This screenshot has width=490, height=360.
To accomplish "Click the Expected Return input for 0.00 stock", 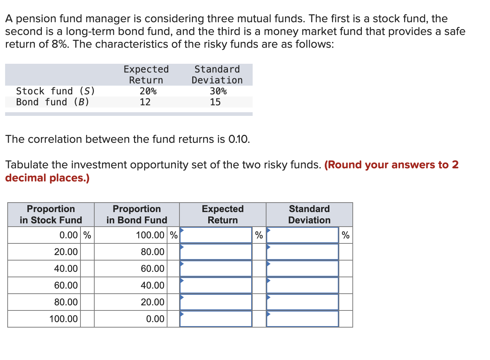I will (x=216, y=235).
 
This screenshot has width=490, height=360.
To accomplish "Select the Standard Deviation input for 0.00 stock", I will (x=303, y=235).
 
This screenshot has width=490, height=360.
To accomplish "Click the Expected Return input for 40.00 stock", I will (x=216, y=269).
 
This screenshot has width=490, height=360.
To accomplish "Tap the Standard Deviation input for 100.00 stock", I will (x=303, y=319).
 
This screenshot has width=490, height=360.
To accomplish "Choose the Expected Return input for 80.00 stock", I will (x=216, y=302).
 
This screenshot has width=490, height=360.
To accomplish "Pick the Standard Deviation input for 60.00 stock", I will (x=303, y=285).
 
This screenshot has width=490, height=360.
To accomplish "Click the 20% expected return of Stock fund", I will (x=148, y=91).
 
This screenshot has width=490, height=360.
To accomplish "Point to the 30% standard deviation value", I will (x=218, y=91).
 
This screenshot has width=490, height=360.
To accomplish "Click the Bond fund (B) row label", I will (x=52, y=102).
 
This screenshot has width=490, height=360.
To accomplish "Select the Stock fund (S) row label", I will (x=55, y=91).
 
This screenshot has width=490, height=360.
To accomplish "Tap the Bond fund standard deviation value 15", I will (x=215, y=102).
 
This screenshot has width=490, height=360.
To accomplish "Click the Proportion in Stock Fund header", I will (x=51, y=215).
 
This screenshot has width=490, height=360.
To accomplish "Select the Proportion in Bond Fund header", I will (x=137, y=215).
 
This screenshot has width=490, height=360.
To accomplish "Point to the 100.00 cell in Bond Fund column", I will (x=150, y=235).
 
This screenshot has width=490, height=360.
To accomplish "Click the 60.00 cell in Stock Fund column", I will (x=66, y=285).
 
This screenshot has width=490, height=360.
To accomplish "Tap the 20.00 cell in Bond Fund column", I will (x=153, y=302).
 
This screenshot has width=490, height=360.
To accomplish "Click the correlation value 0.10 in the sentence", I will (x=238, y=139).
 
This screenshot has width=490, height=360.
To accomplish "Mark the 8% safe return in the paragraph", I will (x=59, y=44).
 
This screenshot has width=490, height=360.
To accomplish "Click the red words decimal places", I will (x=47, y=178).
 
